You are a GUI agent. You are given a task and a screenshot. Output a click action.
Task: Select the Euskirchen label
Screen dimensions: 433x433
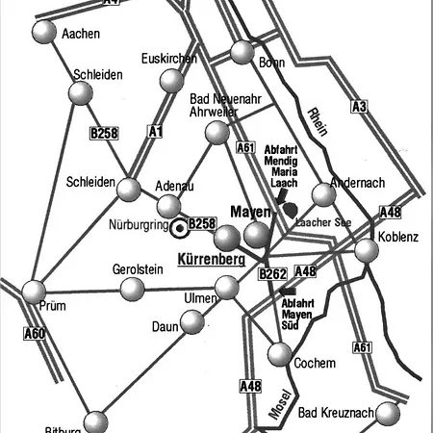click(x=168, y=59)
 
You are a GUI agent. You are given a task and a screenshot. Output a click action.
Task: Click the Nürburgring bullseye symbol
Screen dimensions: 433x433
click(x=179, y=229)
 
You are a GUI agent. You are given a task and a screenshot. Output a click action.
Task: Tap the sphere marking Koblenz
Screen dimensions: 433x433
click(x=367, y=251)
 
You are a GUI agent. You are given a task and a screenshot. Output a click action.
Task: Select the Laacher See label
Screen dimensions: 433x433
click(x=323, y=222)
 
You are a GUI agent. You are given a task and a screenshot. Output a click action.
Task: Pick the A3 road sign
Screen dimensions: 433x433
click(x=359, y=107)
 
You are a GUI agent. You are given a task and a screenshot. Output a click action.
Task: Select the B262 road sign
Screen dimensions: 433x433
click(x=273, y=275)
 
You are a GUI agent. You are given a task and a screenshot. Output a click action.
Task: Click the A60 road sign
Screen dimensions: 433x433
click(x=35, y=334)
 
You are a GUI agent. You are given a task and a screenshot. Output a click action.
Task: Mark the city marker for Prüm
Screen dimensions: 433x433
click(x=35, y=290)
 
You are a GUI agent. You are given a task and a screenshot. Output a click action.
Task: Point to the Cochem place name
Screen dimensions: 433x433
click(x=317, y=364)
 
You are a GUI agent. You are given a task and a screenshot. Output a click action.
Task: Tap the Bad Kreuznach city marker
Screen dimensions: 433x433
click(x=387, y=414)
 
